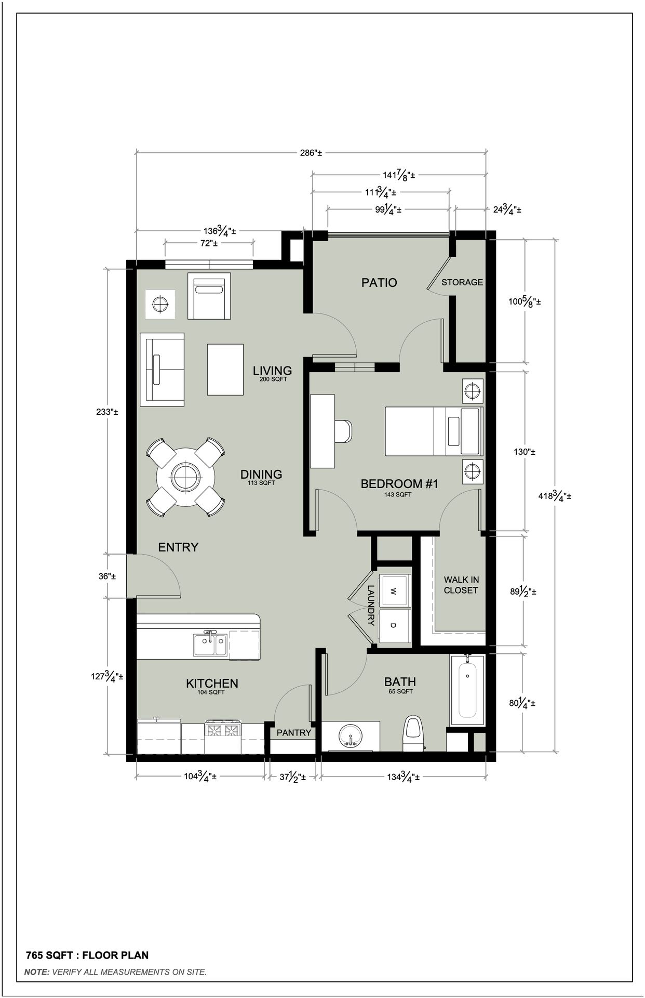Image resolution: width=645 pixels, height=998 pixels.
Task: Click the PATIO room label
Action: pos(379,283)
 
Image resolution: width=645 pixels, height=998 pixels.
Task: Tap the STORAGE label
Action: pos(462,282)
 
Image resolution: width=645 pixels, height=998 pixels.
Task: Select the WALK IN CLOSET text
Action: pos(461,585)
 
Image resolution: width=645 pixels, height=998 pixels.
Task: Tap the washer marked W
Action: pos(394,591)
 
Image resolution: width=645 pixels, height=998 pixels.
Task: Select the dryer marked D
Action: pos(394,625)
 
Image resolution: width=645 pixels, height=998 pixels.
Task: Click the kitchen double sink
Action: pos(210,645)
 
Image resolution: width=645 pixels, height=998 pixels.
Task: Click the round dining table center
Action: pos(185,477)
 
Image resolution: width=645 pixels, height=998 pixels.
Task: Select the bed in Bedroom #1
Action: pos(434,431)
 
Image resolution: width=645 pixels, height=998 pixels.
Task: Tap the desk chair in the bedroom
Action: pos(344,431)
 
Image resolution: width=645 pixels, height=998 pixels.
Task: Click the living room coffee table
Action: pos(225,369)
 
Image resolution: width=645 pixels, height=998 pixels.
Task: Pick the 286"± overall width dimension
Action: pos(311,153)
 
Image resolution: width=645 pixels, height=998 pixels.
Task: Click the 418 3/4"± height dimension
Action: pos(555,496)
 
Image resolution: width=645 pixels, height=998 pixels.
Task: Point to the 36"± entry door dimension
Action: pos(107,576)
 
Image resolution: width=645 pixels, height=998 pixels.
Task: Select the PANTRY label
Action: pos(293,732)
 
